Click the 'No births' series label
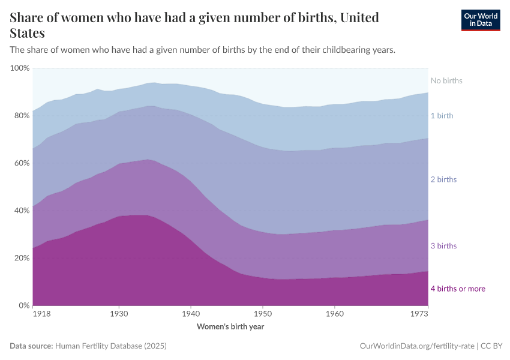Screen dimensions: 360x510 tap(446, 80)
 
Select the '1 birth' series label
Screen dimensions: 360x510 tap(442, 115)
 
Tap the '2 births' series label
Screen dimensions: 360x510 tap(443, 179)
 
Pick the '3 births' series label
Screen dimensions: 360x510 tap(443, 246)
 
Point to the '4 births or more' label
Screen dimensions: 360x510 tap(458, 289)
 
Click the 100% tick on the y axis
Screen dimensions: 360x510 tap(20, 68)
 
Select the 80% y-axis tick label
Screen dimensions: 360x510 tap(22, 116)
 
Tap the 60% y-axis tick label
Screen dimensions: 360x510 tap(22, 163)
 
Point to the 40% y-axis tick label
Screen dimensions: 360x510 tap(22, 211)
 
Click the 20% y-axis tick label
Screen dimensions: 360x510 tap(22, 258)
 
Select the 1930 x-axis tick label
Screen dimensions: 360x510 tap(119, 314)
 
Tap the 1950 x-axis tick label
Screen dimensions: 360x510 tap(262, 314)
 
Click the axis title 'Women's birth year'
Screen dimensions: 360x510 tap(230, 327)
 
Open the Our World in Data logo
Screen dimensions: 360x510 tap(480, 20)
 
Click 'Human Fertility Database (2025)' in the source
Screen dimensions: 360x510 tap(110, 346)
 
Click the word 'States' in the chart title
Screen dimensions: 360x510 tap(27, 33)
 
